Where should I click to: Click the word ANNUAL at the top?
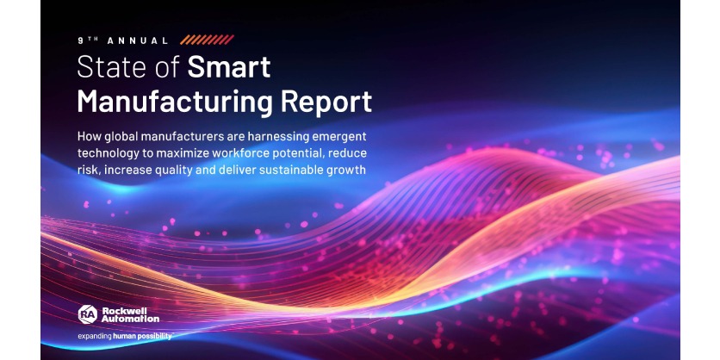click(139, 40)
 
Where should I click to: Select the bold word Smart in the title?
click(229, 67)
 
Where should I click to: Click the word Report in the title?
click(326, 101)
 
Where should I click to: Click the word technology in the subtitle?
click(109, 152)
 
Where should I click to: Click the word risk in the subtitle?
click(88, 169)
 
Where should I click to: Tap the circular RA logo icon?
click(87, 313)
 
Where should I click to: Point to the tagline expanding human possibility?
click(124, 335)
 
